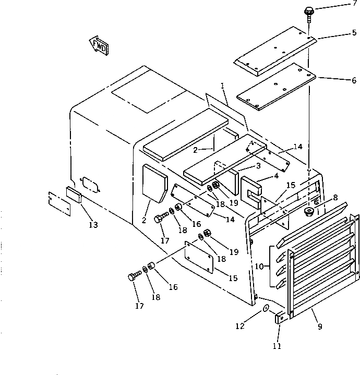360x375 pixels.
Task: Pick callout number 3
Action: [x=258, y=167]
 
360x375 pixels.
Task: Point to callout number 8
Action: [x=335, y=198]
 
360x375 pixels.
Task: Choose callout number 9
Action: [x=320, y=327]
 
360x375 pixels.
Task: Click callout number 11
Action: [x=277, y=345]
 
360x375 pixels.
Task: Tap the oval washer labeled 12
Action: [x=266, y=309]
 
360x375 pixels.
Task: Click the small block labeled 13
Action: [x=73, y=196]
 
